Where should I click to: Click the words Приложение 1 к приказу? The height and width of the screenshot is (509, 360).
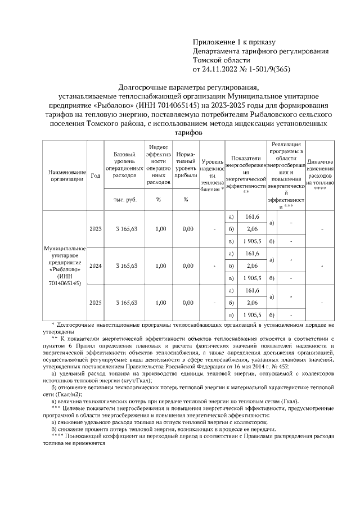(x=233, y=42)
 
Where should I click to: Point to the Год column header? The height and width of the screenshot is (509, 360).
(x=95, y=175)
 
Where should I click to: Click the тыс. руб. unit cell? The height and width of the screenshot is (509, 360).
(x=127, y=199)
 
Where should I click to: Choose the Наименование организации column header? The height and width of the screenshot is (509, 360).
(x=67, y=175)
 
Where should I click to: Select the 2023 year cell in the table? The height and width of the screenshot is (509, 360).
(x=95, y=229)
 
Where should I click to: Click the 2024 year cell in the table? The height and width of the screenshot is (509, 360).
(x=95, y=265)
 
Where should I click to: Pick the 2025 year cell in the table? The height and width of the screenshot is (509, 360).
(x=95, y=303)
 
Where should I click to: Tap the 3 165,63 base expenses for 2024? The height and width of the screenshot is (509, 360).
(x=127, y=265)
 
